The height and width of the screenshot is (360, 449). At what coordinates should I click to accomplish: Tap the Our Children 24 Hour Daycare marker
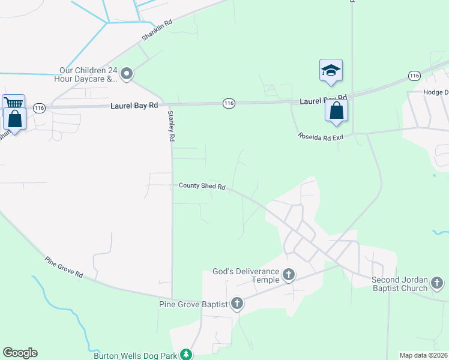tap(127, 74)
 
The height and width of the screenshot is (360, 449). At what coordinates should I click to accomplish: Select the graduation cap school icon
tap(331, 70)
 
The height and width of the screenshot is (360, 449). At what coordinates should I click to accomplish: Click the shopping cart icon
tap(13, 104)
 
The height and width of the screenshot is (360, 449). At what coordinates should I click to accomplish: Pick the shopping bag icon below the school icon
tap(337, 110)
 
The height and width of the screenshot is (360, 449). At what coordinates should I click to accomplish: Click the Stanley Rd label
tap(171, 126)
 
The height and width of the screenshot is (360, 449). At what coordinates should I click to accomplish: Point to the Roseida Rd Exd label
tap(321, 137)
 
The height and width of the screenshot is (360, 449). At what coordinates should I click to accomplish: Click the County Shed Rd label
tap(202, 186)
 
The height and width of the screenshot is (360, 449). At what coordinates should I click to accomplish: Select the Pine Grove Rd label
tap(64, 267)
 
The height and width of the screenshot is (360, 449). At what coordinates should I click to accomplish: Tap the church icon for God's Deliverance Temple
tap(289, 275)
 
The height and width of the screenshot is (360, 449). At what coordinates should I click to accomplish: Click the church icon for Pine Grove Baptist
tap(237, 304)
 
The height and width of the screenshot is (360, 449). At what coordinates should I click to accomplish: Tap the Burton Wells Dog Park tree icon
tap(187, 355)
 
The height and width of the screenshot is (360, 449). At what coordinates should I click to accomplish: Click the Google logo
tap(20, 353)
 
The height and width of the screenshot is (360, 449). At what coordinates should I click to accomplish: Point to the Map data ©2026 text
tap(423, 355)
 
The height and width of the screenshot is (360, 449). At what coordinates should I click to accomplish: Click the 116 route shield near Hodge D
tap(414, 75)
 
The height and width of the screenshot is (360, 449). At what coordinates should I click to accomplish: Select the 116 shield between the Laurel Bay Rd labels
tap(228, 103)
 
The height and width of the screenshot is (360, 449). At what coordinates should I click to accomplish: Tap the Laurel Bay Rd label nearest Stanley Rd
tap(134, 105)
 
